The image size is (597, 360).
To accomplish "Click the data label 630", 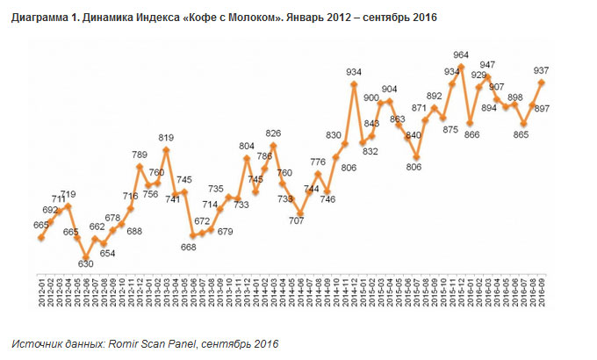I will coord(85,263).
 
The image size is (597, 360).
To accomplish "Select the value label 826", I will coord(275,133).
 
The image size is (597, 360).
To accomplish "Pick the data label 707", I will coord(298,220).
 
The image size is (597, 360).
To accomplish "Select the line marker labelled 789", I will coord(139,166).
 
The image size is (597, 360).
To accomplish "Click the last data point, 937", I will coord(541,83).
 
